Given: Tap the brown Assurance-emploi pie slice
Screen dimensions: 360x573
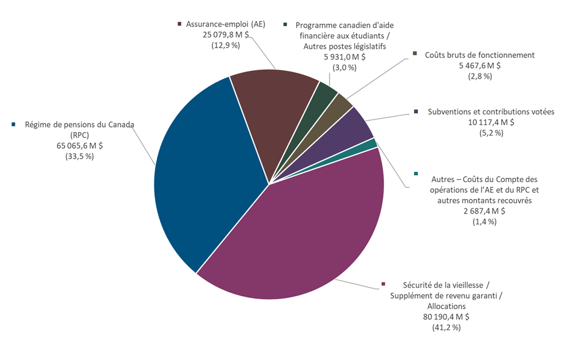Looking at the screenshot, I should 273,115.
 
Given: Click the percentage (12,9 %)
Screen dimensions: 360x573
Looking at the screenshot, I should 226,45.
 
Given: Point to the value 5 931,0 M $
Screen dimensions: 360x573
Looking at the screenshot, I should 344,56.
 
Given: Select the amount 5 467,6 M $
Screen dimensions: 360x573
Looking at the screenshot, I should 479,65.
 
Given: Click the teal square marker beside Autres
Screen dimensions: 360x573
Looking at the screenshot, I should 416,173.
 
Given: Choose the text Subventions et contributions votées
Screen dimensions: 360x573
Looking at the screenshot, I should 491,111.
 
